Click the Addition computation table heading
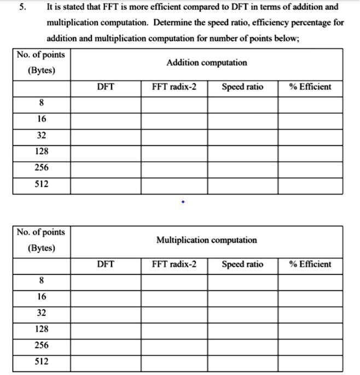pyautogui.click(x=206, y=63)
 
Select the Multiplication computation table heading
pyautogui.click(x=206, y=240)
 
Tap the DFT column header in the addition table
pyautogui.click(x=105, y=87)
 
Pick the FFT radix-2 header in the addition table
pyautogui.click(x=174, y=87)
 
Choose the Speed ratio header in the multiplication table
pyautogui.click(x=242, y=265)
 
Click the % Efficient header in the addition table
pyautogui.click(x=310, y=87)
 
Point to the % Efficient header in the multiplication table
pyautogui.click(x=310, y=265)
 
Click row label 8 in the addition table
pyautogui.click(x=42, y=103)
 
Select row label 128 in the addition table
pyautogui.click(x=42, y=151)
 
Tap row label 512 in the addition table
pyautogui.click(x=42, y=184)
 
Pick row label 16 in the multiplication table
pyautogui.click(x=42, y=297)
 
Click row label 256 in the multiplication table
pyautogui.click(x=42, y=345)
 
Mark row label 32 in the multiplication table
pyautogui.click(x=42, y=313)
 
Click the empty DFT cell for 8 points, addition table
pyautogui.click(x=105, y=103)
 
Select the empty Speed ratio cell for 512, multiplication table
pyautogui.click(x=242, y=362)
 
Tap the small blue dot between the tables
pyautogui.click(x=183, y=202)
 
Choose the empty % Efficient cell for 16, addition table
pyautogui.click(x=310, y=120)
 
